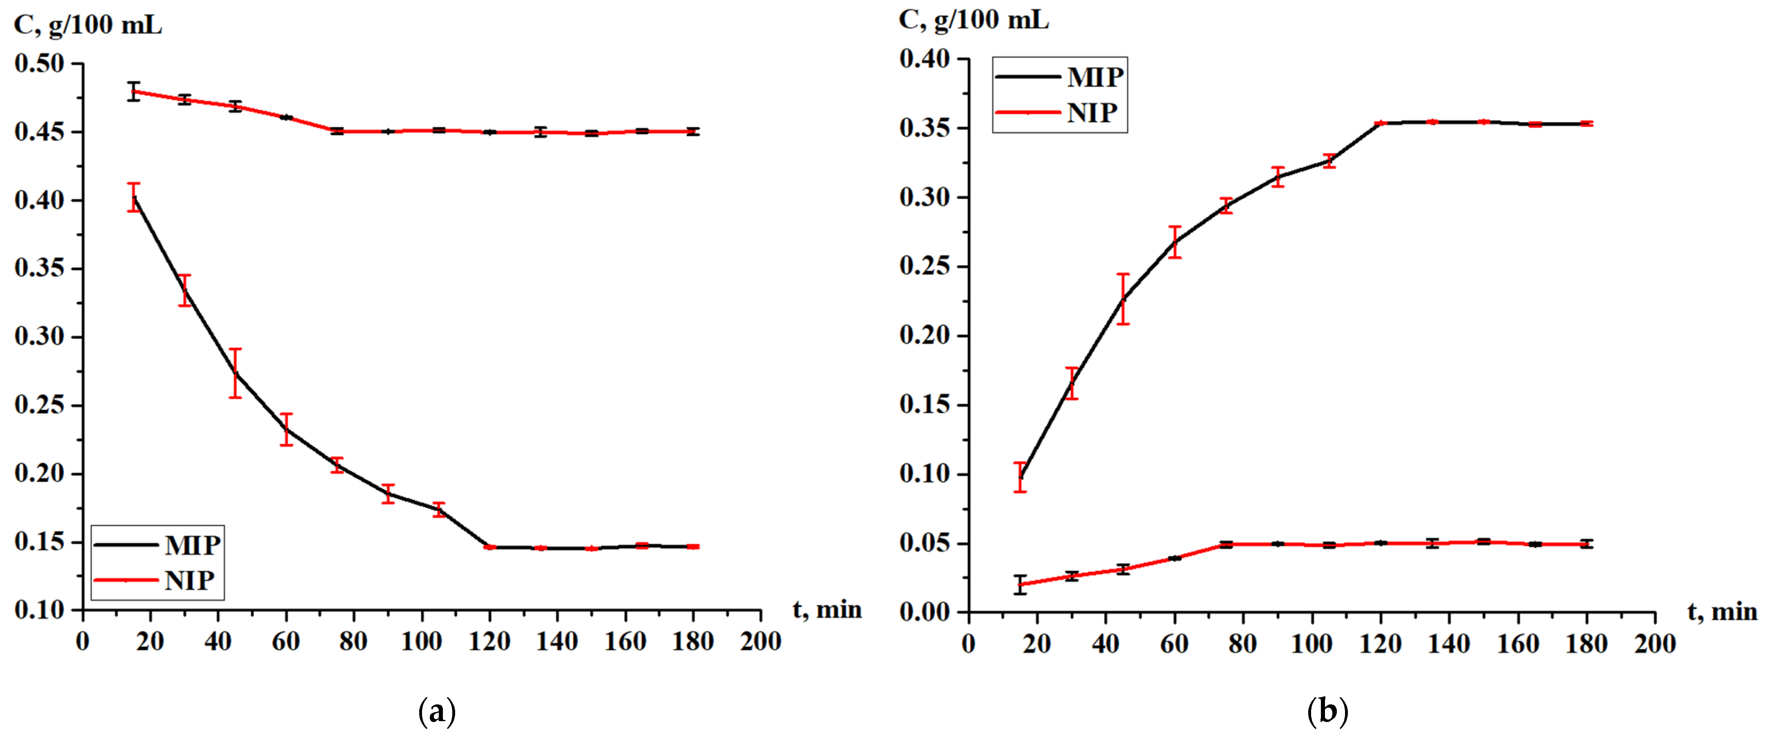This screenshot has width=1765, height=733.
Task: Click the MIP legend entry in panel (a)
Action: click(x=158, y=545)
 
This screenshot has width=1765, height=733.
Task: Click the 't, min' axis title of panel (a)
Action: click(x=827, y=609)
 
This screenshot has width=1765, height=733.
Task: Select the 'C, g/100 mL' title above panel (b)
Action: click(x=973, y=20)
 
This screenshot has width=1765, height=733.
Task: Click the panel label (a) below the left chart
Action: click(x=436, y=713)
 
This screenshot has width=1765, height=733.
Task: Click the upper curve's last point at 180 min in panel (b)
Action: click(x=1586, y=124)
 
